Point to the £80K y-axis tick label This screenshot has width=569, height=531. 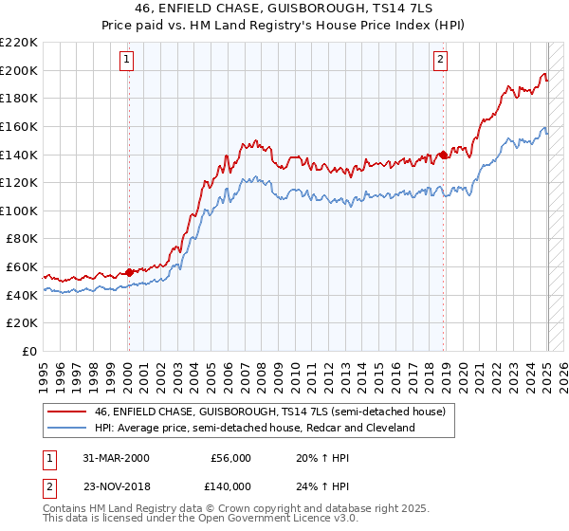coord(22,239)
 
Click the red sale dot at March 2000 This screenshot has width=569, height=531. coord(130,272)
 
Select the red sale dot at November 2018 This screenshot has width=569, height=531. coord(443,155)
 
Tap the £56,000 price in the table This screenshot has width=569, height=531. coord(230,457)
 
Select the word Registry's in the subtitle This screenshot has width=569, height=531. coord(356,26)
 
